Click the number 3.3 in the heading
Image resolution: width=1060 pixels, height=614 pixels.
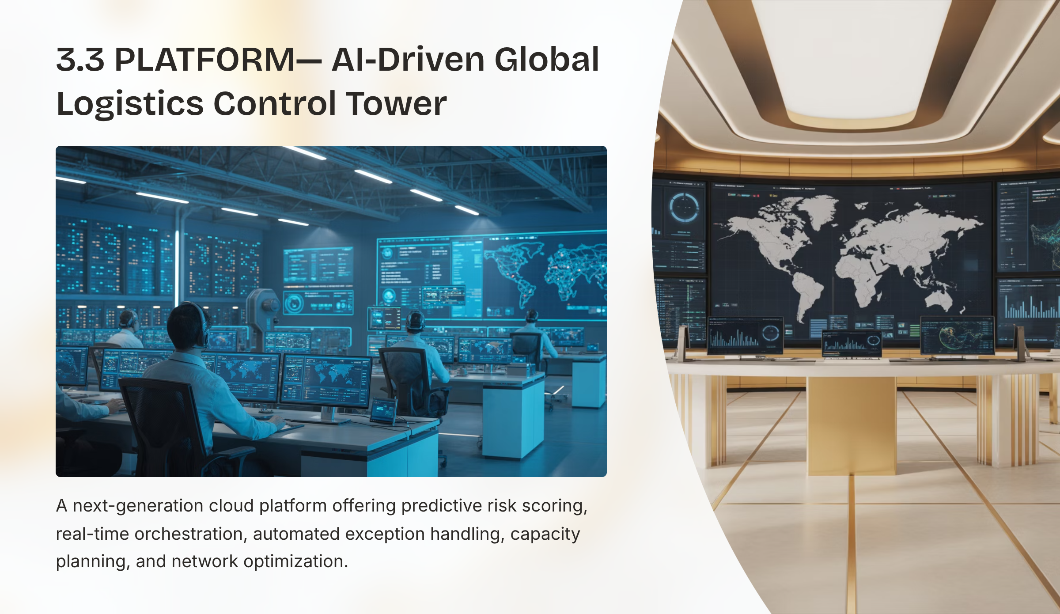80,60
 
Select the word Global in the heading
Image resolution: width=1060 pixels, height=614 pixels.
547,60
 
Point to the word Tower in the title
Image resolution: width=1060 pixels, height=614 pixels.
396,104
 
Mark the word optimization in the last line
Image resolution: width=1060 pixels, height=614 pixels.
295,562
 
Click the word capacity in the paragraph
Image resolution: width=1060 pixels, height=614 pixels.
545,534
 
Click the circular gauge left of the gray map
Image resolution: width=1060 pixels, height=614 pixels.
684,207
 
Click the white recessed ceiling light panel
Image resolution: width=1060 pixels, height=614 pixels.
852,57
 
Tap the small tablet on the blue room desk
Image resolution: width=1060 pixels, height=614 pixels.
383,411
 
